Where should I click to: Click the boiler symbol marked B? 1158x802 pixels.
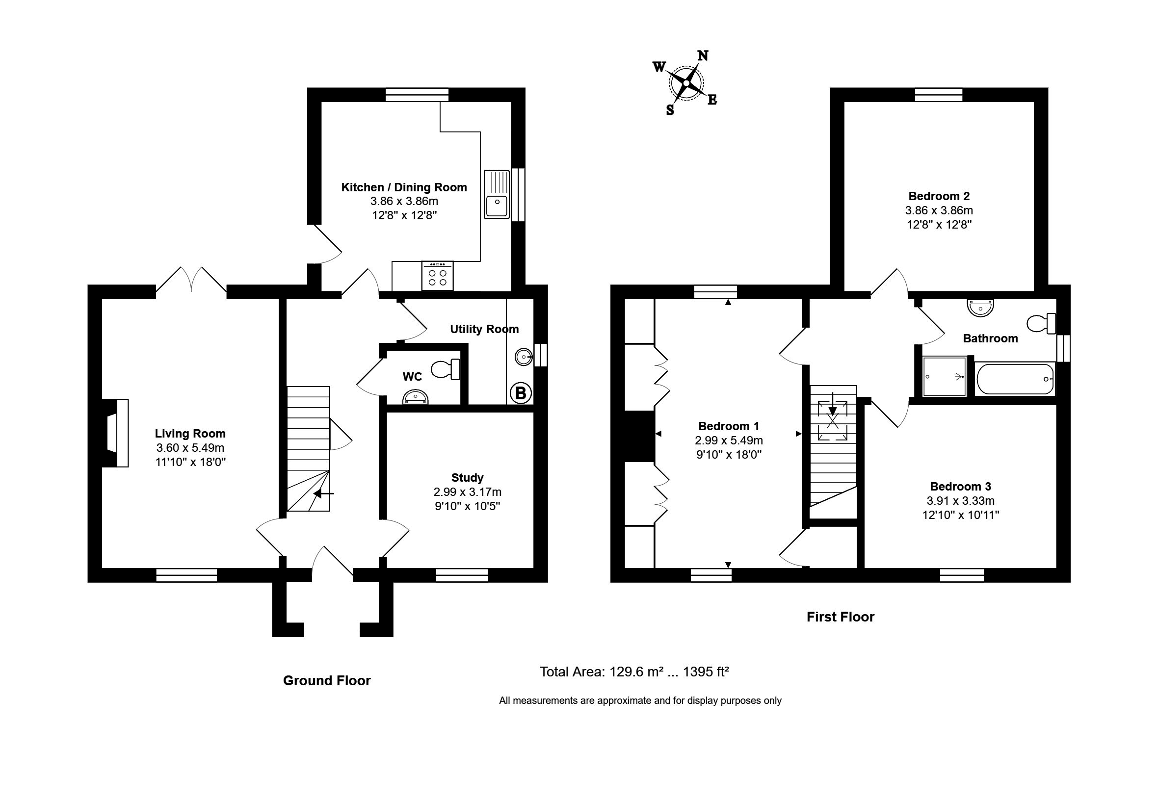(521, 393)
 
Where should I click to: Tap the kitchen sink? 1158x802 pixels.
(497, 194)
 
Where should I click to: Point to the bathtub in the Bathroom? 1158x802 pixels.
(1015, 379)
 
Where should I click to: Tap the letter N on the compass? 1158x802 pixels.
(703, 56)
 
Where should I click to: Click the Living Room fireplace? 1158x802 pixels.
(116, 433)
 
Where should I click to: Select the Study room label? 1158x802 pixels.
(467, 478)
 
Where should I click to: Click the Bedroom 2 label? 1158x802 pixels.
(939, 196)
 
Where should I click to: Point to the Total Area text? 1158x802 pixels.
(634, 672)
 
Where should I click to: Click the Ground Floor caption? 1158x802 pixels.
(327, 680)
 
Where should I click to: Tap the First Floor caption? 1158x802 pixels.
(841, 617)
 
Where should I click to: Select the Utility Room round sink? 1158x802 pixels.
(524, 357)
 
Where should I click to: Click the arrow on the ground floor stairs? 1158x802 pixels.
(324, 493)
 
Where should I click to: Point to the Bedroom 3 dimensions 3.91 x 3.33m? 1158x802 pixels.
(960, 500)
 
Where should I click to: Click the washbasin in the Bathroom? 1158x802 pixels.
(981, 308)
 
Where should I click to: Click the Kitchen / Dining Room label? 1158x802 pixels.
(404, 187)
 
